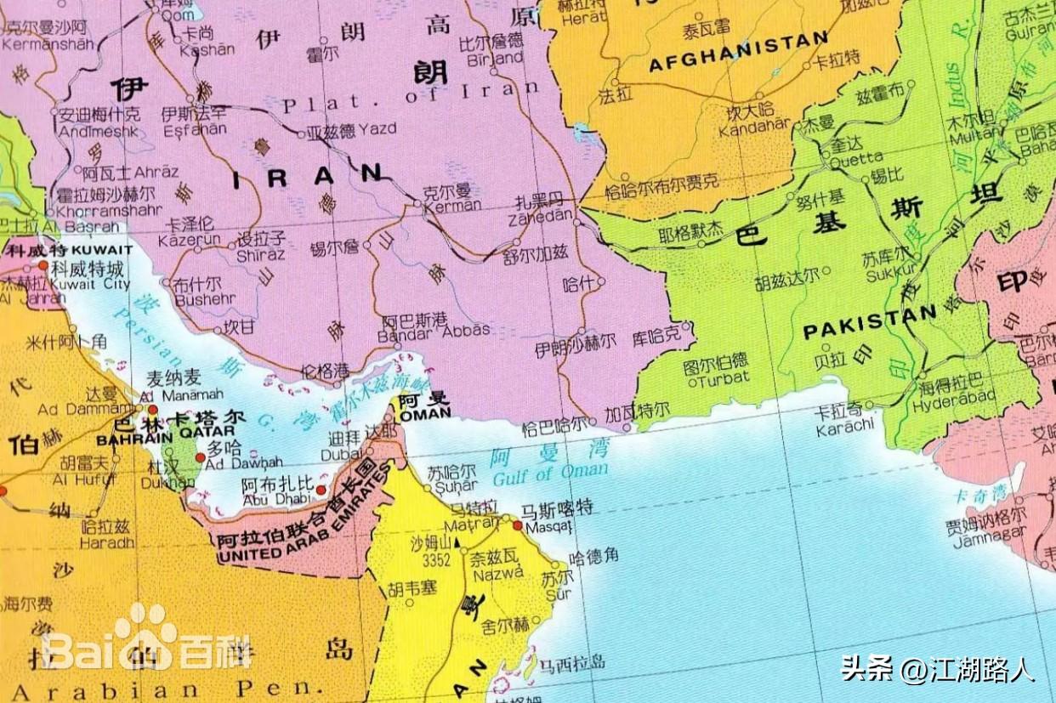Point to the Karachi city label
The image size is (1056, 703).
click(844, 427)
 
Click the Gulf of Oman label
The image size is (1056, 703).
click(550, 472)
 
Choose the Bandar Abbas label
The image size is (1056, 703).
click(435, 330)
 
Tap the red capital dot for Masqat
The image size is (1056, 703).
click(517, 525)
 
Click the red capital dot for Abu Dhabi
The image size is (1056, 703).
click(321, 490)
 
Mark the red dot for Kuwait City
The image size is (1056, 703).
click(43, 265)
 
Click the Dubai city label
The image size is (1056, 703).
click(345, 455)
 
